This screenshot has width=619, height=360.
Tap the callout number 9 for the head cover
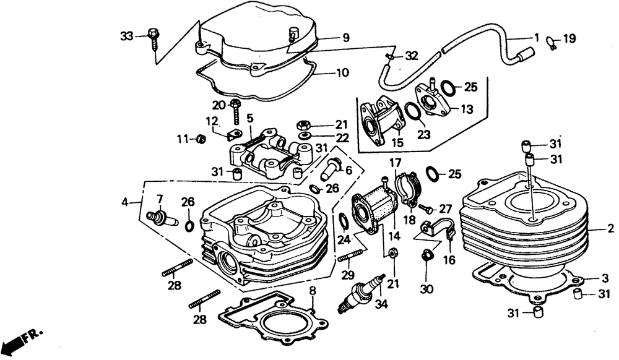click(345, 38)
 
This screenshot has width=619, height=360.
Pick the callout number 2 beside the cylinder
click(610, 228)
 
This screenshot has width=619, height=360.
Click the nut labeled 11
click(201, 139)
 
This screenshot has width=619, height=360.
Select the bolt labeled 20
click(236, 111)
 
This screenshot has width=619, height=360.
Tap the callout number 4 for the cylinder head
click(126, 202)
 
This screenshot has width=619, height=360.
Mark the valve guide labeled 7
click(159, 218)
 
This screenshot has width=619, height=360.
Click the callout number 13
click(466, 109)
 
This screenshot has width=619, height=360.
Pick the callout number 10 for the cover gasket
click(342, 72)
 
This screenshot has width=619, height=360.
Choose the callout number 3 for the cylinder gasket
click(605, 278)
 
